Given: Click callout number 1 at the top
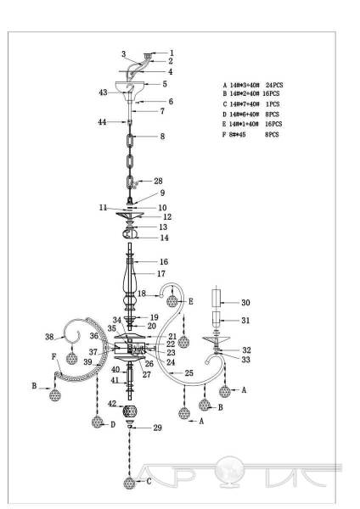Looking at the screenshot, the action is pyautogui.click(x=172, y=53).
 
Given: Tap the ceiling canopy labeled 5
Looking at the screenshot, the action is pyautogui.click(x=129, y=87).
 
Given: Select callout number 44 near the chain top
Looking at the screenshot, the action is pyautogui.click(x=102, y=122).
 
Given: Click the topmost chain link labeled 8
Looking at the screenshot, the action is pyautogui.click(x=129, y=141).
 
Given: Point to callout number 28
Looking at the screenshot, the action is pyautogui.click(x=158, y=182).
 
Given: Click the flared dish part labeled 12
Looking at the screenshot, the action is pyautogui.click(x=130, y=215).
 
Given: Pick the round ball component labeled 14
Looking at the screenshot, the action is pyautogui.click(x=130, y=233).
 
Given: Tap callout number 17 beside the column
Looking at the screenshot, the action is pyautogui.click(x=161, y=274).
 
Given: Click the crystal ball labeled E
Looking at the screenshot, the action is pyautogui.click(x=172, y=301).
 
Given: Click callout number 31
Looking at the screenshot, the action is pyautogui.click(x=245, y=321).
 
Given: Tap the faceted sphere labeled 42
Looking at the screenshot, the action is pyautogui.click(x=130, y=411).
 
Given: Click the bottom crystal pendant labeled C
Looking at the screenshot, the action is pyautogui.click(x=129, y=483).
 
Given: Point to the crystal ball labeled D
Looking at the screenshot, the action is pyautogui.click(x=98, y=422).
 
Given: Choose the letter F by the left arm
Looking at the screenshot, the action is pyautogui.click(x=54, y=357).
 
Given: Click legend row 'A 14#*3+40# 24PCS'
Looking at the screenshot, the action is pyautogui.click(x=253, y=85).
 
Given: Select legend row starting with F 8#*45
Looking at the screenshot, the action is pyautogui.click(x=250, y=134).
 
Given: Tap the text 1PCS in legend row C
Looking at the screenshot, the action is pyautogui.click(x=273, y=104).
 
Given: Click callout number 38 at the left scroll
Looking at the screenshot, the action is pyautogui.click(x=49, y=337).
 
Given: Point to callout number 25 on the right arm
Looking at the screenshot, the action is pyautogui.click(x=189, y=373).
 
